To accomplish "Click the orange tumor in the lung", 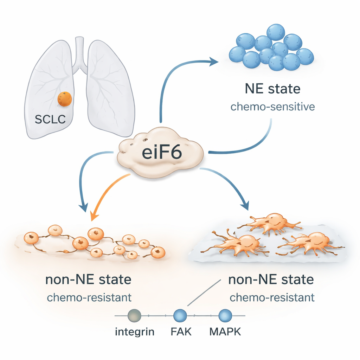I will [x=65, y=99].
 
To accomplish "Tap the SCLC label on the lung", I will [x=50, y=120].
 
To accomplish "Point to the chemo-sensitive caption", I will [x=272, y=107].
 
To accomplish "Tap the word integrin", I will [x=135, y=332].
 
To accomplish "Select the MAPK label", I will [x=225, y=332].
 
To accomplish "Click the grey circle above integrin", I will [x=135, y=315].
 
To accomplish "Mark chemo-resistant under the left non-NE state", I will [x=89, y=297].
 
